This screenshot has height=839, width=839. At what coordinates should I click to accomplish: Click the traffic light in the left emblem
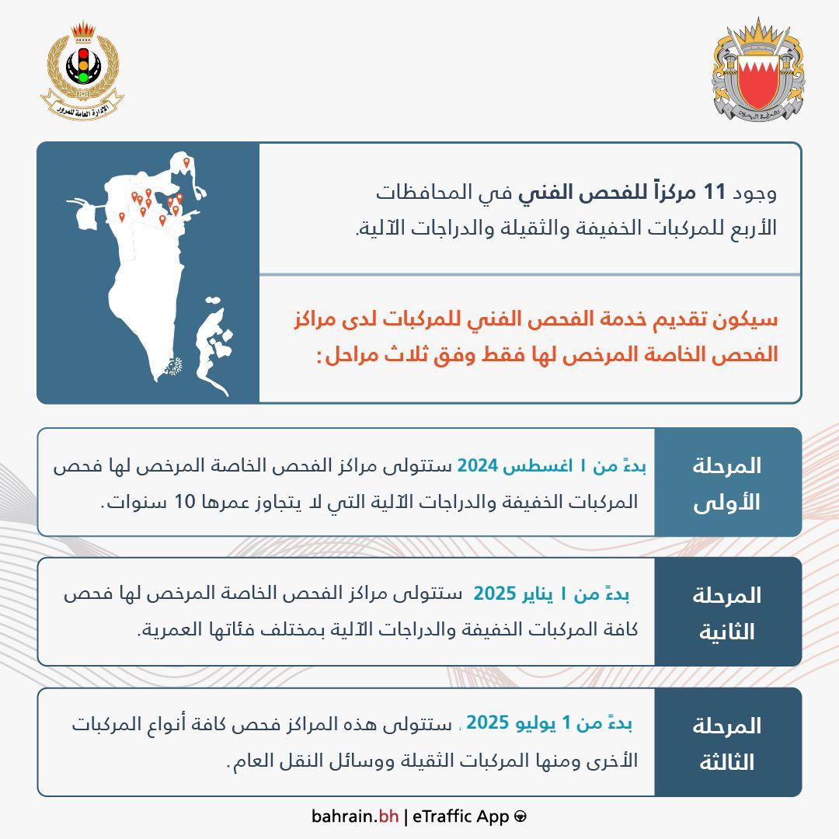(x=82, y=65)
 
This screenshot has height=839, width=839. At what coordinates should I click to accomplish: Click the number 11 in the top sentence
(x=713, y=193)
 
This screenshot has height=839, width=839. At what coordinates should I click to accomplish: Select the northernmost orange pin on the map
(x=186, y=162)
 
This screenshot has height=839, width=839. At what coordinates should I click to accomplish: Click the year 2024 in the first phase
(x=476, y=466)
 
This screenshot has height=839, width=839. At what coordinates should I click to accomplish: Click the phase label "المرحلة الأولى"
(x=727, y=483)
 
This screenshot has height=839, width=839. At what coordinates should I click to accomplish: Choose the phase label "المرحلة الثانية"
(x=727, y=613)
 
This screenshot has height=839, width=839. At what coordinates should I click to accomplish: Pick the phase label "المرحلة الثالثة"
(x=727, y=743)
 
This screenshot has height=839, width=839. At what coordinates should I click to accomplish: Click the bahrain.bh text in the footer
(x=355, y=816)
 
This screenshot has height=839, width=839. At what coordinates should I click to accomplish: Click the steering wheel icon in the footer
(x=520, y=816)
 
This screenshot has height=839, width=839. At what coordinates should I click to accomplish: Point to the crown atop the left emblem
(x=82, y=32)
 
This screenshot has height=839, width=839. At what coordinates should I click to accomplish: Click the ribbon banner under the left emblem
(x=82, y=107)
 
